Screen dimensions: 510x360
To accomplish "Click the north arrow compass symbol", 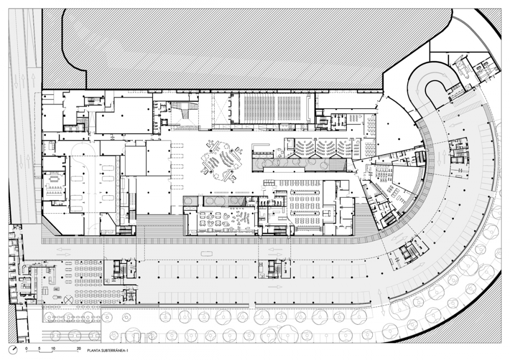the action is (13, 350).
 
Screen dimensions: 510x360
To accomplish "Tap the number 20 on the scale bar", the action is (79, 348).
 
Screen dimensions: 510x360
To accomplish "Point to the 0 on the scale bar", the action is (27, 348).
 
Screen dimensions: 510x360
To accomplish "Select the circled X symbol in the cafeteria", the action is (69, 299).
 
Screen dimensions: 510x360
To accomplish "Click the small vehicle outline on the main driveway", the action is (206, 253).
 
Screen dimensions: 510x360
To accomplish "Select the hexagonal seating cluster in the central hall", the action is (222, 160).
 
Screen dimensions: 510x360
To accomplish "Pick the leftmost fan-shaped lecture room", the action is (304, 148).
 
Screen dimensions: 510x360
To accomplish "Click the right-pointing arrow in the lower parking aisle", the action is (275, 287).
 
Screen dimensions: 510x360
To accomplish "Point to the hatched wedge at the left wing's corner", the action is (52, 225).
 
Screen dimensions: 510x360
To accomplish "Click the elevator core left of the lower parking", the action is (119, 269).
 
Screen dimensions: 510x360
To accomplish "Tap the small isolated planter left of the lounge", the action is (190, 201).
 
